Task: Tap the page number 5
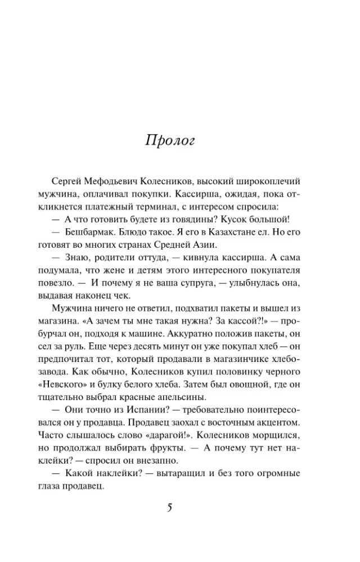(x=169, y=508)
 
